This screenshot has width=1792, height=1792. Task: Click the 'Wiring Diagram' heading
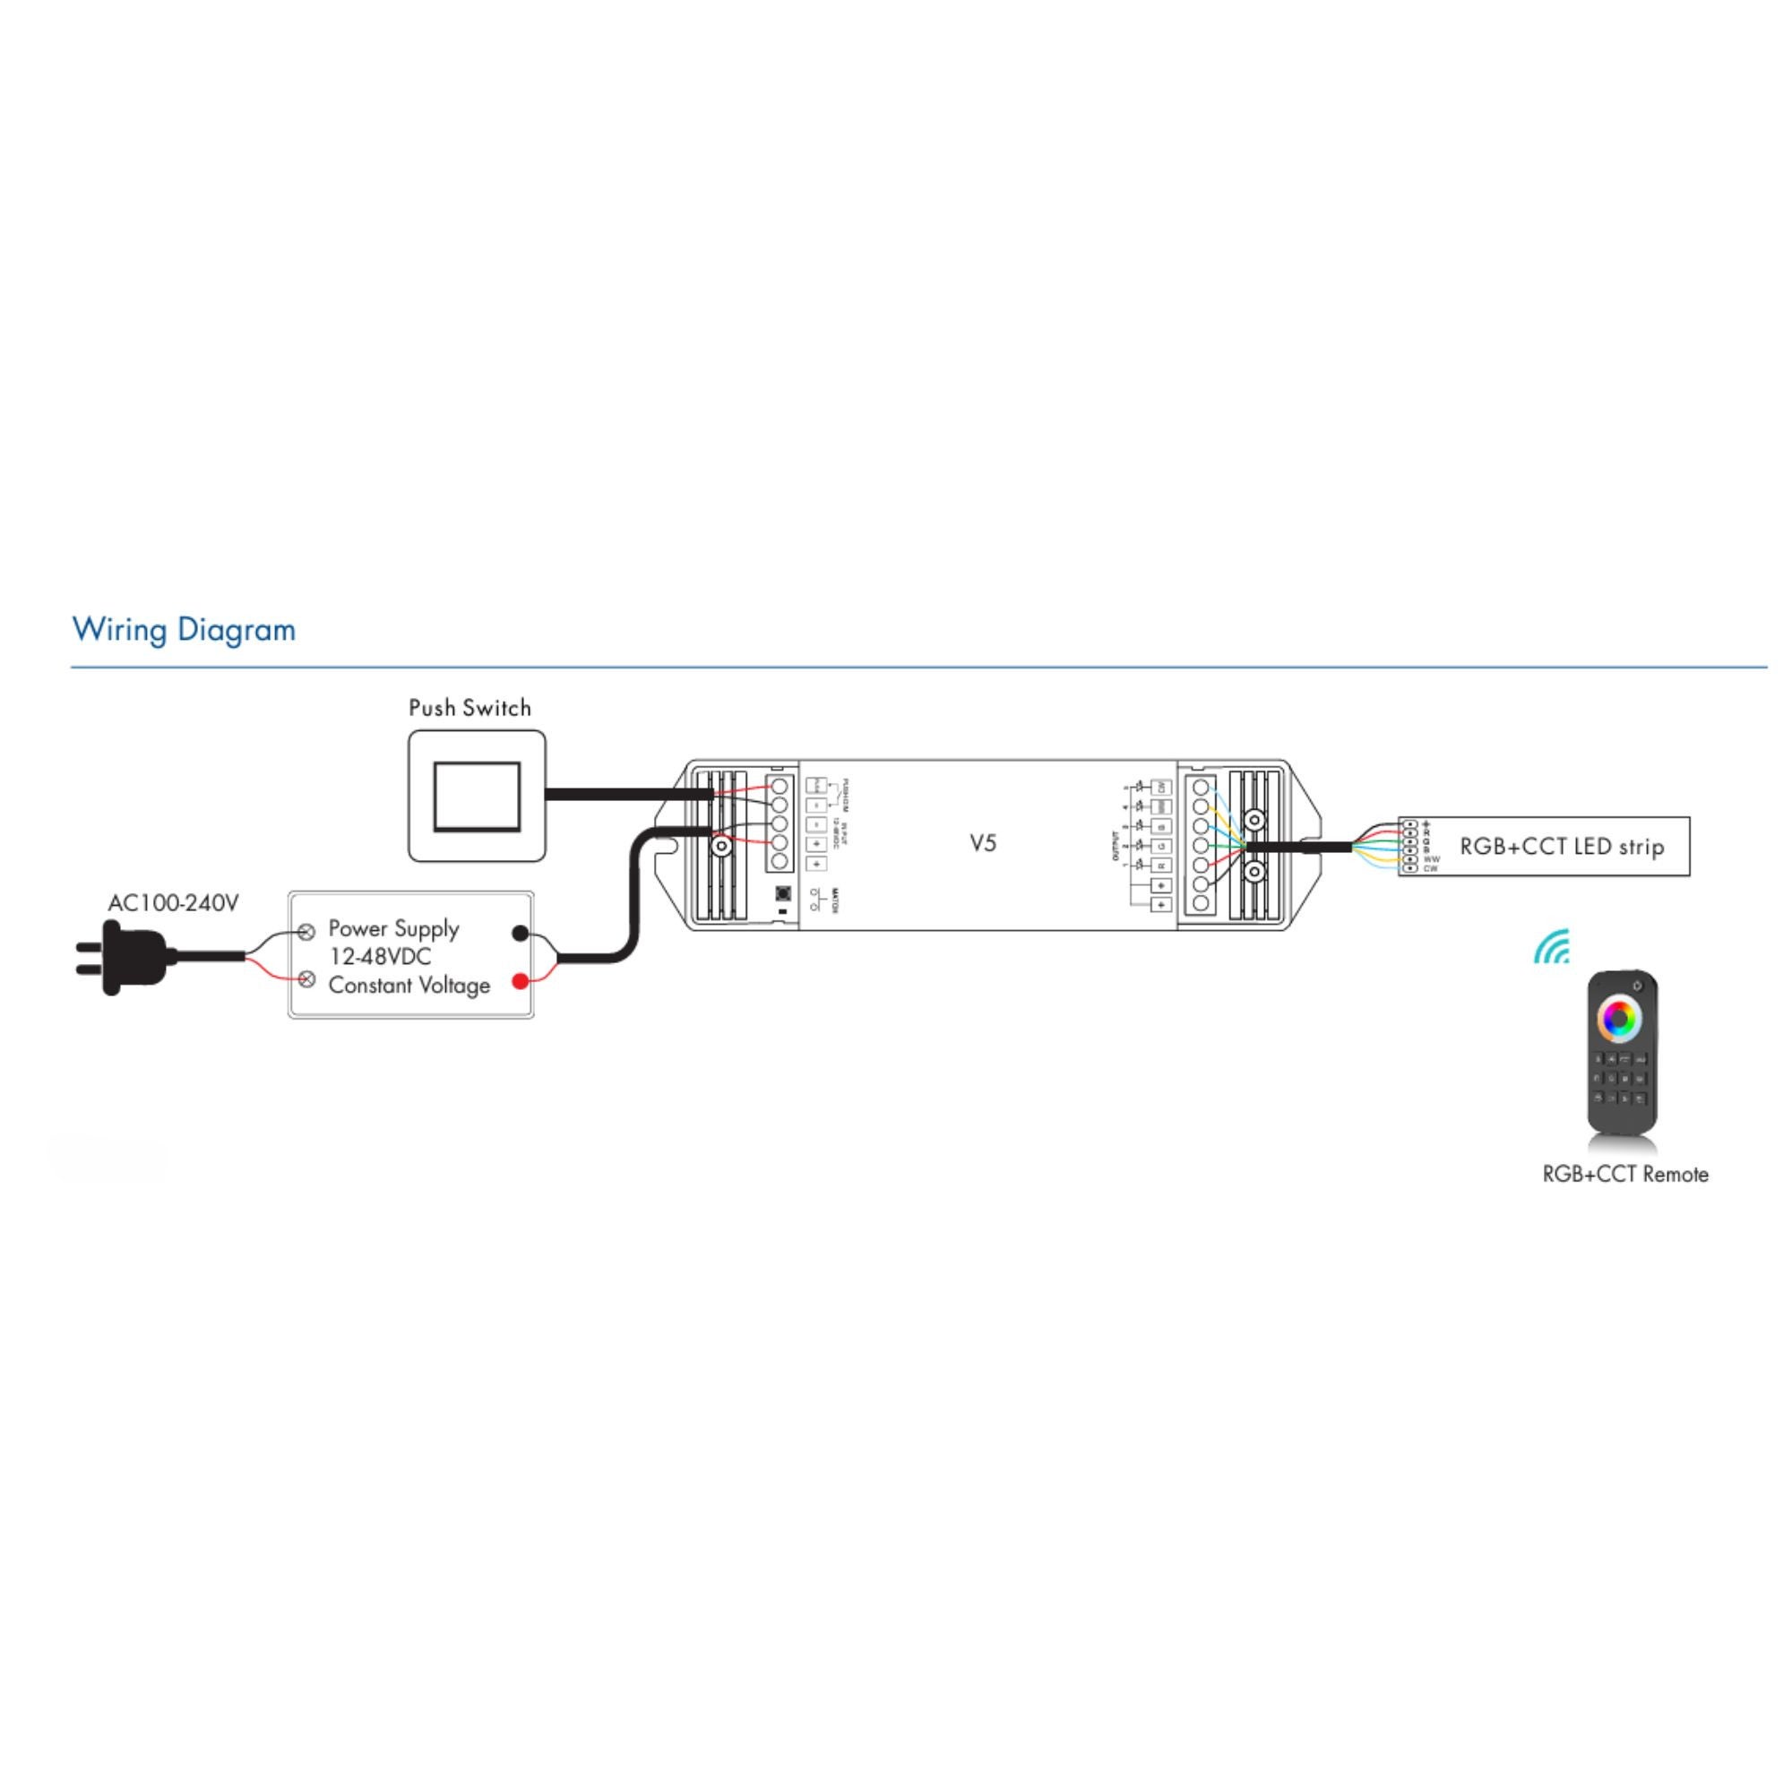tap(184, 630)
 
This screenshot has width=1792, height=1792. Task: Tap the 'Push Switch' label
tap(470, 708)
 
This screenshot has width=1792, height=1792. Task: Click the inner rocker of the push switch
tap(477, 795)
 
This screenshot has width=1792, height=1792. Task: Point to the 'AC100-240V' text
tap(174, 902)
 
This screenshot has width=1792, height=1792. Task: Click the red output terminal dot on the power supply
tap(521, 981)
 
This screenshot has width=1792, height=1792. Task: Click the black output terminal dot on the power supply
tap(521, 933)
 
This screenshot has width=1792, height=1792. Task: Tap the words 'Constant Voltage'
tap(409, 985)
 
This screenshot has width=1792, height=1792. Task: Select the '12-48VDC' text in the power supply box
tap(381, 956)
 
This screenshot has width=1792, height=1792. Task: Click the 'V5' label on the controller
tap(983, 843)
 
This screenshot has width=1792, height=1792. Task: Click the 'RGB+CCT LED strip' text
tap(1562, 846)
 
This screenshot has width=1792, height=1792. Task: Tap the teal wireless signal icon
tap(1552, 948)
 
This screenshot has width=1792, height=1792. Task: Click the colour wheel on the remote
tap(1618, 1019)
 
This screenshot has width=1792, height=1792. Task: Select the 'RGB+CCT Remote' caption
tap(1625, 1175)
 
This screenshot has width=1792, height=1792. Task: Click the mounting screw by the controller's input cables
tap(719, 845)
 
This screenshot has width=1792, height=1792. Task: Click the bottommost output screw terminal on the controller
tap(1202, 902)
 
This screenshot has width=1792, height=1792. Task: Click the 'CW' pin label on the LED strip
tap(1429, 869)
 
